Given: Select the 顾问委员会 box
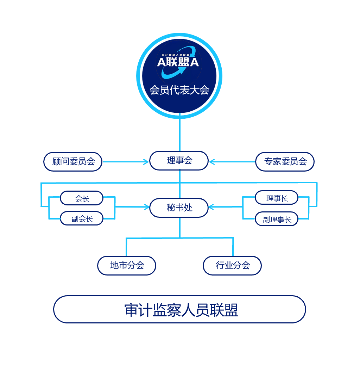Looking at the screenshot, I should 73,162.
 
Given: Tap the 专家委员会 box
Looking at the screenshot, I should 285,162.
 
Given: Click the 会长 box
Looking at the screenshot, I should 82,198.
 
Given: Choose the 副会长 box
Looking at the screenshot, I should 82,218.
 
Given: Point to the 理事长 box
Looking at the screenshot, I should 277,198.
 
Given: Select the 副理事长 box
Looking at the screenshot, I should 277,219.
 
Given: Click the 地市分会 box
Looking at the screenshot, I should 127,265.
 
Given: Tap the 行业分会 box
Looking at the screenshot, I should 232,265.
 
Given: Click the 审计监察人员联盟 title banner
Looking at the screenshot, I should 179,309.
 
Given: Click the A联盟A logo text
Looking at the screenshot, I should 178,62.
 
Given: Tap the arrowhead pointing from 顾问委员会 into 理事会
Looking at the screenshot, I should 146,162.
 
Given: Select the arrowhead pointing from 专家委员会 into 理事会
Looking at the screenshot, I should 212,162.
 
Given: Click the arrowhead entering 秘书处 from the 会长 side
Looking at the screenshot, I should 146,207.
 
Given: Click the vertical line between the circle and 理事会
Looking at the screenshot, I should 180,134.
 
